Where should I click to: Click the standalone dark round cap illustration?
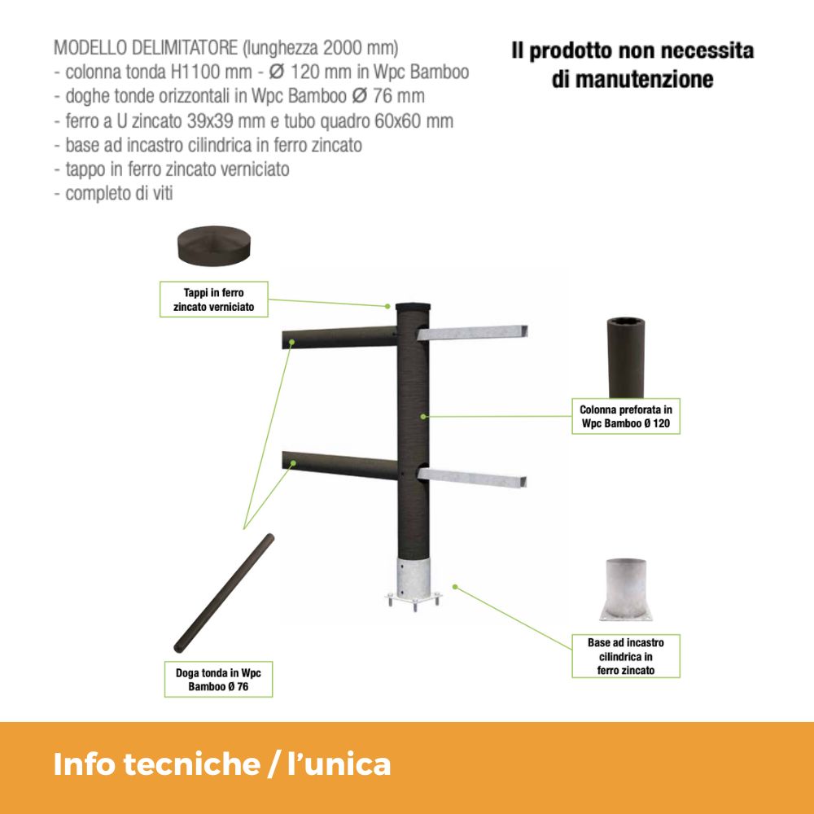coord(214,246)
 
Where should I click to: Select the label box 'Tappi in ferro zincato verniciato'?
coord(214,300)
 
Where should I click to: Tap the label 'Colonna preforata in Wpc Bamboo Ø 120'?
coord(625,416)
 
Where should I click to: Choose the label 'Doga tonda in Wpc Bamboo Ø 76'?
coord(218,679)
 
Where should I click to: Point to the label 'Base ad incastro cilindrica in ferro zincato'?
coord(625,656)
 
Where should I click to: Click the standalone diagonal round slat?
coord(224,593)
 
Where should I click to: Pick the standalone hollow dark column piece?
coord(625,357)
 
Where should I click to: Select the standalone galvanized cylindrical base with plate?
coord(626,589)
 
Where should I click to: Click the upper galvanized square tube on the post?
coord(472,333)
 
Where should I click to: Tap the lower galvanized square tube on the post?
coord(472,477)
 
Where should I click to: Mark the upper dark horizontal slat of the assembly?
coord(339,338)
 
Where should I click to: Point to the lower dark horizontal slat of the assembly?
coord(339,466)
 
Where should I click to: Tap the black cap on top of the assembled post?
coord(414,307)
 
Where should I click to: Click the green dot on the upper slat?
coord(291,342)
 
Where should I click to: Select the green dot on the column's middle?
coord(423,416)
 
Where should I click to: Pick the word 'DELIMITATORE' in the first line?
coord(184,48)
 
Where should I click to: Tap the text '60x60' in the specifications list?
coord(398,121)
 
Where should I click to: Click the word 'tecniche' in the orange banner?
coord(192,764)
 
